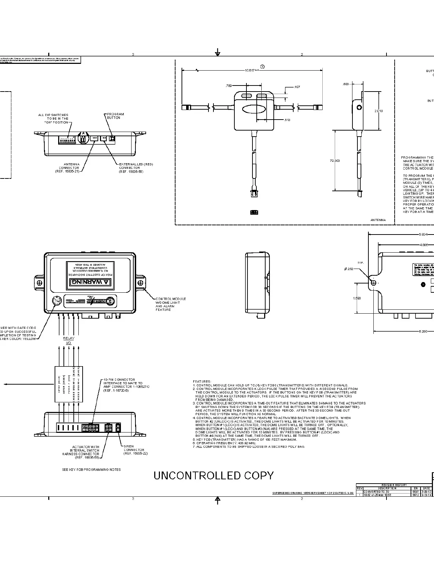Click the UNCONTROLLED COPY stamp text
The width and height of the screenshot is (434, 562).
(213, 476)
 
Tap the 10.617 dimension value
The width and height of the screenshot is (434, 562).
(250, 70)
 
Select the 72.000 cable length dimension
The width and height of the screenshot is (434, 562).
(335, 161)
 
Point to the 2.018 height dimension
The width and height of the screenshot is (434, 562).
(379, 111)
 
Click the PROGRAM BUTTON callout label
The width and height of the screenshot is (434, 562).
(116, 116)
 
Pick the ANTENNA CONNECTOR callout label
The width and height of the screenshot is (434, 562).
(69, 167)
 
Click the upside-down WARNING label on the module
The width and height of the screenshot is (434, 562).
(90, 282)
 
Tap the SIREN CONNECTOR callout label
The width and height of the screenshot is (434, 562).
(134, 450)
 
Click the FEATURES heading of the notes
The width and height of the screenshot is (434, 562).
(202, 381)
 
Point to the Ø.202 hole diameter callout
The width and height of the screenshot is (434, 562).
(349, 269)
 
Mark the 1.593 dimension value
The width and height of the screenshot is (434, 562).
(357, 298)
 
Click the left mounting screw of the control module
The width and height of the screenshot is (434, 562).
(39, 283)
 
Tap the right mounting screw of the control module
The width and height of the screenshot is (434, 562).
(141, 283)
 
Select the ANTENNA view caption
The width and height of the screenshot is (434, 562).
(378, 220)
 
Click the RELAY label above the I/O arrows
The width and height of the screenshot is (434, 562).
(68, 338)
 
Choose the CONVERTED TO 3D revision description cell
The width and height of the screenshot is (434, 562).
(377, 492)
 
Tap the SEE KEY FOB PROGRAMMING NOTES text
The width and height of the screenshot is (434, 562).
(91, 469)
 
